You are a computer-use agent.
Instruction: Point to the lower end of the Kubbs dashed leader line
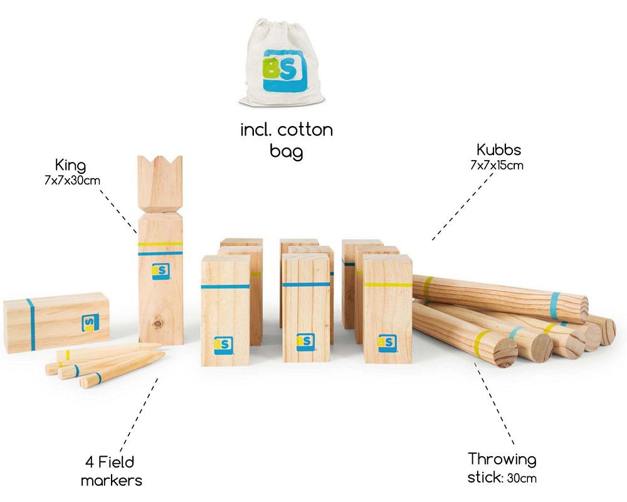pos(433,240)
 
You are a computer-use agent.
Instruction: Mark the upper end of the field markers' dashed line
pos(157,379)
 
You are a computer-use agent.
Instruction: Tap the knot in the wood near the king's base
pos(157,322)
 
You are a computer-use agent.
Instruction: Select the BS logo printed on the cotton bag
pos(285,70)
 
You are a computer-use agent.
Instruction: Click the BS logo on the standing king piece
pos(161,271)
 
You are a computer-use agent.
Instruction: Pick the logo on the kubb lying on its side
pos(90,323)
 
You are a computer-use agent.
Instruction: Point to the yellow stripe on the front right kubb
pos(387,285)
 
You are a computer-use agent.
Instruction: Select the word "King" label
pos(70,166)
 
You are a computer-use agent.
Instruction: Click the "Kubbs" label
pos(498,150)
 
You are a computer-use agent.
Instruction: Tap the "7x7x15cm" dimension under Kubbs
pos(497,165)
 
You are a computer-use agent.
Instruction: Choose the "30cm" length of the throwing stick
pos(522,478)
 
